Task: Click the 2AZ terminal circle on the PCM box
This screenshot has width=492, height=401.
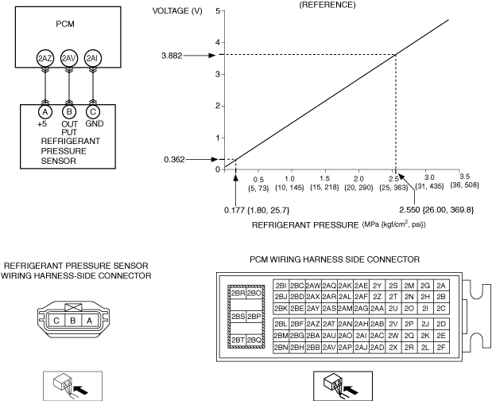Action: (45, 58)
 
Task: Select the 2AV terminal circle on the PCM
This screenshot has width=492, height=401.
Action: (68, 58)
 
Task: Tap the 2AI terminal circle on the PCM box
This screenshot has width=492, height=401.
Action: (92, 58)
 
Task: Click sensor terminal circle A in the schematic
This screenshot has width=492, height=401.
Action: (45, 112)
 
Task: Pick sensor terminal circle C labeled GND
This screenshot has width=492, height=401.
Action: (92, 112)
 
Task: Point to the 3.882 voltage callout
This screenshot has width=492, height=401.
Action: (172, 56)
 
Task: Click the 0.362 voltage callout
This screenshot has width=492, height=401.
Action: (174, 159)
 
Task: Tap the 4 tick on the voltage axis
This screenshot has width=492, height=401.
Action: (218, 42)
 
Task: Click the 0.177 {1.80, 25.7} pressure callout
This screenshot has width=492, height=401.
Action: (257, 210)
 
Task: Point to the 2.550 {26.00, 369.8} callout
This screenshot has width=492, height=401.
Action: (436, 210)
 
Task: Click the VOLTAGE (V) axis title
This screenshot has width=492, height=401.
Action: (177, 11)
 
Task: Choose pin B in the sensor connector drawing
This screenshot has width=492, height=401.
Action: (73, 321)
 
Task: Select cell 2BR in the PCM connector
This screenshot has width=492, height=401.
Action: (238, 294)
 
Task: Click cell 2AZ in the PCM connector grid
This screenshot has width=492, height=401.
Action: (313, 324)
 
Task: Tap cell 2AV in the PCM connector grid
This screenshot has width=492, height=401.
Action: (329, 348)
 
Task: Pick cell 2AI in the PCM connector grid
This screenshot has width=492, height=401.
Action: (361, 336)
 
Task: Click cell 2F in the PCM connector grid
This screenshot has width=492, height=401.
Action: (441, 348)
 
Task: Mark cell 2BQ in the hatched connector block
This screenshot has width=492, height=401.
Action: (254, 340)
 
